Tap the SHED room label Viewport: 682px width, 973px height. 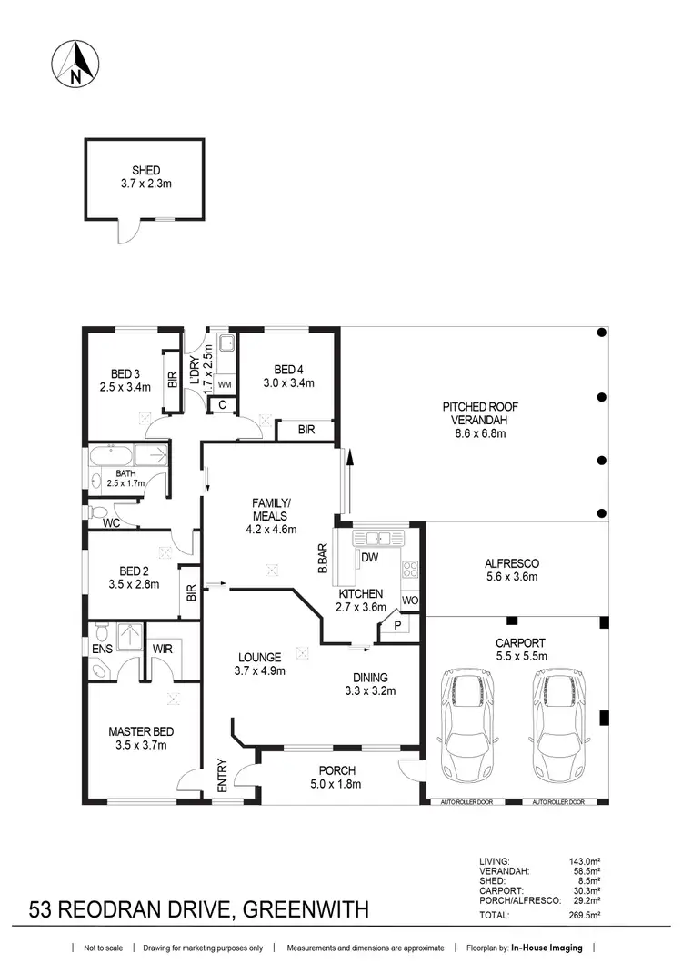(146, 170)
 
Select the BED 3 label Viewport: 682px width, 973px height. (125, 372)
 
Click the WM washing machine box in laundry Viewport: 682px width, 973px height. (223, 385)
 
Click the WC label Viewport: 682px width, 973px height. (111, 523)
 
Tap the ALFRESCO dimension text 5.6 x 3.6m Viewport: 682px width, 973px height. (512, 576)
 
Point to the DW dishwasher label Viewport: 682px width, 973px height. (369, 557)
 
